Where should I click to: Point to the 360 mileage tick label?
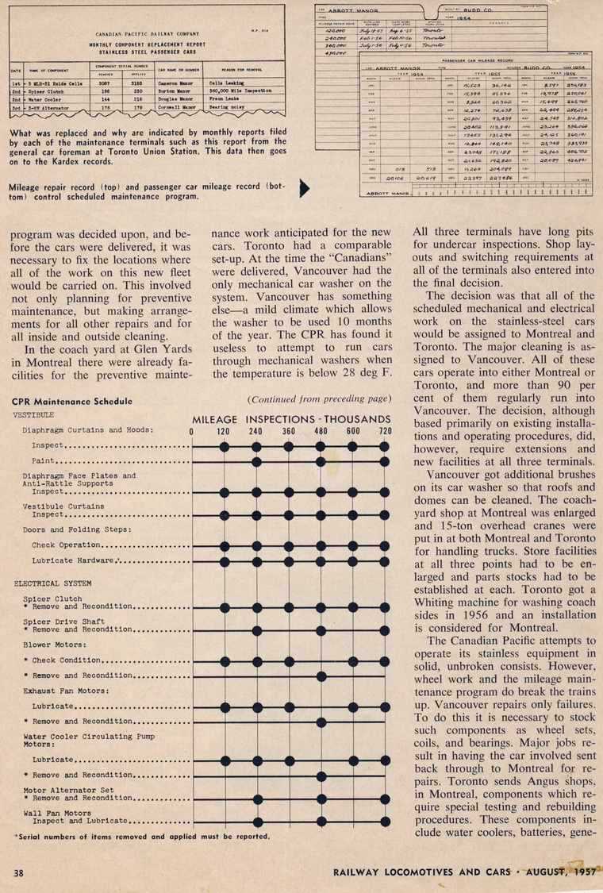click(x=288, y=432)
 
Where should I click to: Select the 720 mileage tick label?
click(x=384, y=432)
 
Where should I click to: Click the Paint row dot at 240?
click(x=256, y=461)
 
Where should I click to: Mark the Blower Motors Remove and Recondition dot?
click(x=321, y=676)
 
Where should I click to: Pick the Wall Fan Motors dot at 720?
click(x=385, y=821)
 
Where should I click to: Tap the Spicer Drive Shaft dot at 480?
click(x=321, y=629)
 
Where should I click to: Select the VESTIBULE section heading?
click(x=33, y=414)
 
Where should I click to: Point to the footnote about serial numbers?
click(x=143, y=836)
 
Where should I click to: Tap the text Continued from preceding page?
click(x=320, y=398)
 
